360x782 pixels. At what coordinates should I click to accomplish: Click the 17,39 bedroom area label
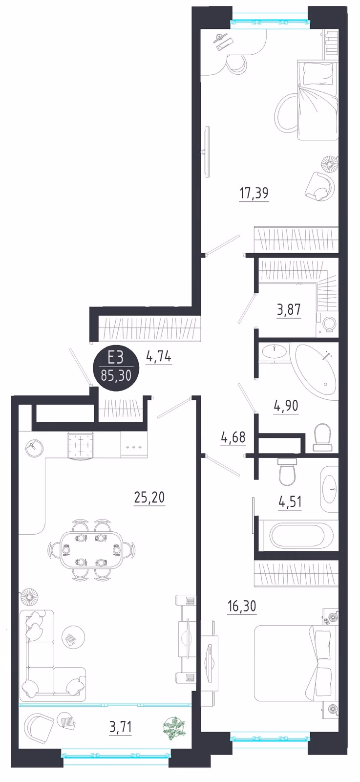pyautogui.click(x=254, y=193)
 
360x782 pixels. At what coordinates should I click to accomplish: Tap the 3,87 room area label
pyautogui.click(x=289, y=310)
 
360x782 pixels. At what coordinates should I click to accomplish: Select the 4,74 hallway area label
pyautogui.click(x=159, y=357)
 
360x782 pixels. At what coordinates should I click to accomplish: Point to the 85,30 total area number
pyautogui.click(x=116, y=376)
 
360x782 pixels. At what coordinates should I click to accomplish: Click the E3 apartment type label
pyautogui.click(x=115, y=357)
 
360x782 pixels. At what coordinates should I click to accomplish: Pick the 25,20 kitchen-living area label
pyautogui.click(x=149, y=497)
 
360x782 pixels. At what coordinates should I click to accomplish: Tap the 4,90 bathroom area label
pyautogui.click(x=286, y=406)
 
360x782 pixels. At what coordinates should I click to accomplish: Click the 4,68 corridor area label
pyautogui.click(x=233, y=437)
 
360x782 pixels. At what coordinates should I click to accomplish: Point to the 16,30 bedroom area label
pyautogui.click(x=242, y=607)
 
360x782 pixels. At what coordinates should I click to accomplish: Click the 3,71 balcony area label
pyautogui.click(x=121, y=727)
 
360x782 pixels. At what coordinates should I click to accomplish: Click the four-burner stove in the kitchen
pyautogui.click(x=81, y=445)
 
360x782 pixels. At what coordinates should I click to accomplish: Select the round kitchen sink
pyautogui.click(x=34, y=447)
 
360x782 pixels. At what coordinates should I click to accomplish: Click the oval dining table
pyautogui.click(x=90, y=550)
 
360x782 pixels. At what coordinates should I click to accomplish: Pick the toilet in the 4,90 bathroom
pyautogui.click(x=322, y=437)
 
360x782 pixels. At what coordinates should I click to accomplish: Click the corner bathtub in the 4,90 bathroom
pyautogui.click(x=316, y=372)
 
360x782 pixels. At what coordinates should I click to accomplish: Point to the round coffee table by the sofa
pyautogui.click(x=73, y=636)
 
